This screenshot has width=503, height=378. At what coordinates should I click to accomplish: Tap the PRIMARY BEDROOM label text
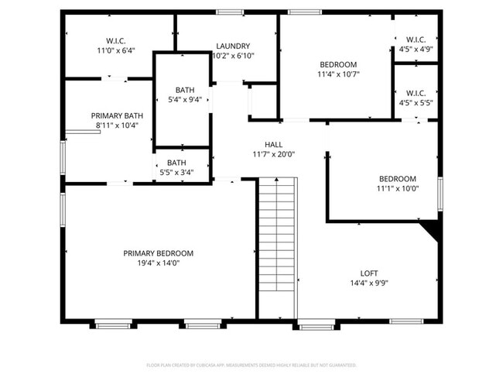point(159,253)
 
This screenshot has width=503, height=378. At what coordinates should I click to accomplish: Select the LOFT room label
point(369,273)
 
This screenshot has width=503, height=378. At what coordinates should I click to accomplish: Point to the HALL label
point(273,145)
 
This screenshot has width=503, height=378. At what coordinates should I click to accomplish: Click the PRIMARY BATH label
point(117,115)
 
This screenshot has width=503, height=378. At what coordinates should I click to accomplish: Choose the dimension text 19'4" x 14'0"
point(159,263)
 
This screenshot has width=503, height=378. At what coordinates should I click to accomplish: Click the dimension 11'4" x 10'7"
point(338,74)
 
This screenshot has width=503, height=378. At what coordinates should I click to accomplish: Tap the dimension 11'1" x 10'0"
point(397,188)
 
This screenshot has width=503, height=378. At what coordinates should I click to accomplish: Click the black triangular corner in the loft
point(431,228)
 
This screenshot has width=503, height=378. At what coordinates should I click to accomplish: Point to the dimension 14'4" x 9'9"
point(369,283)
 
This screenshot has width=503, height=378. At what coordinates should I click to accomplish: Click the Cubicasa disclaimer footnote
point(251,364)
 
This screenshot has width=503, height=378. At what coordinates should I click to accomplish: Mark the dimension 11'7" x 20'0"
point(273,154)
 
